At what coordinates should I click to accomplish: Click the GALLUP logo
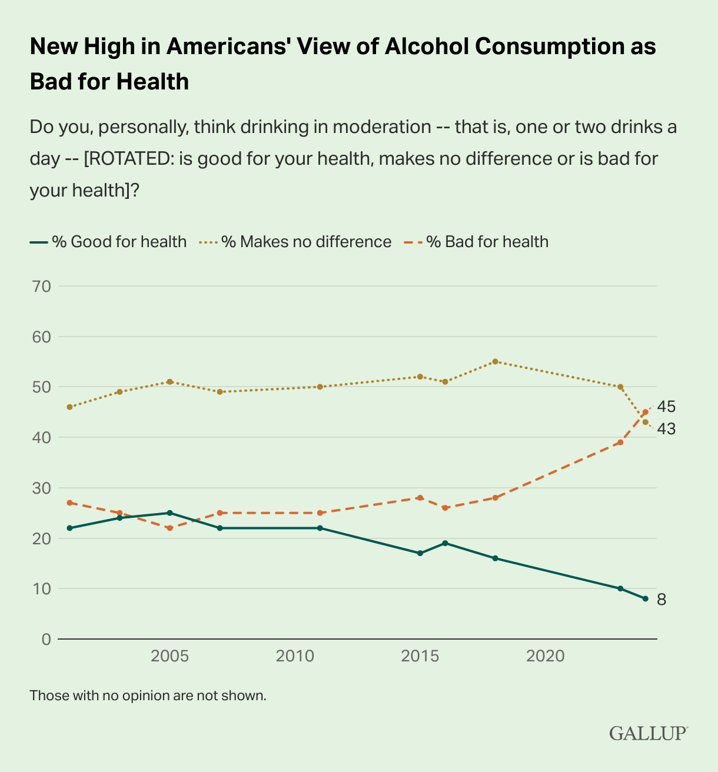(x=648, y=734)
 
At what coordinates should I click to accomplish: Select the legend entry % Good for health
(x=108, y=242)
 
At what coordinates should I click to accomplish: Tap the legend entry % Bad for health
(x=477, y=242)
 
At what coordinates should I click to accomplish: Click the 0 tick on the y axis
(x=46, y=639)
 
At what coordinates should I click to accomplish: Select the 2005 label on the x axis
(x=169, y=655)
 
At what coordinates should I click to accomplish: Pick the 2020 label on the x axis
(x=545, y=655)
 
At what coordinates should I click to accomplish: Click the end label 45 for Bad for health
(x=666, y=407)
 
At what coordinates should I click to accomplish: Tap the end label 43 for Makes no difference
(x=666, y=429)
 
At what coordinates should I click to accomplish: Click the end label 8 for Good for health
(x=662, y=600)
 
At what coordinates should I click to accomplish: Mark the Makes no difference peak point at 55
(x=495, y=361)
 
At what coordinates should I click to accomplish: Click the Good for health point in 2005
(x=169, y=513)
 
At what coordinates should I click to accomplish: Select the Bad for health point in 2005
(x=169, y=528)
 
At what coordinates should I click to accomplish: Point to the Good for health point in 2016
(x=445, y=543)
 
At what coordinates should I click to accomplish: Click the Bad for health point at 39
(x=620, y=442)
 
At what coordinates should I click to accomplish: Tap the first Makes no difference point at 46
(x=69, y=407)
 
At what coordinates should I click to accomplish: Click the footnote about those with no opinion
(x=148, y=696)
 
